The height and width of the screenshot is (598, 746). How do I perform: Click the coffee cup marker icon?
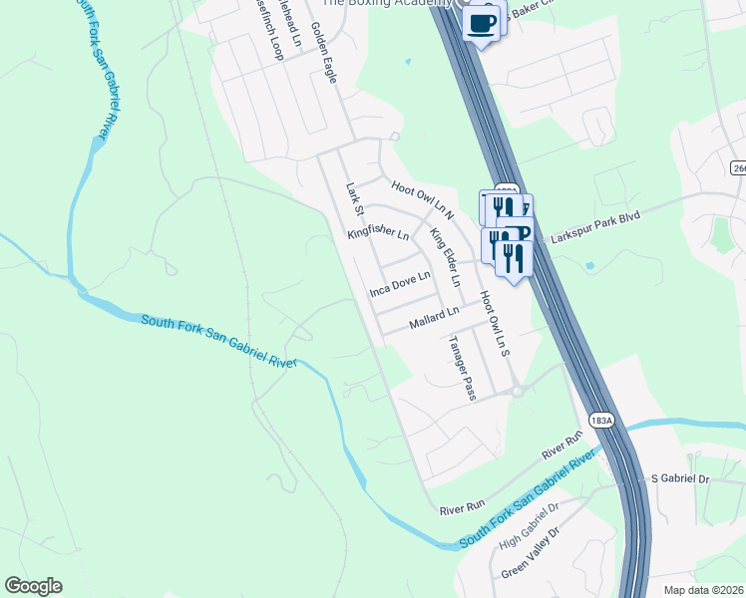tap(482, 21)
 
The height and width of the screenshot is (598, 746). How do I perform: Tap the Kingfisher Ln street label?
tap(378, 235)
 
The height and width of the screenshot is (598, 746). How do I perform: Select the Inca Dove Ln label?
tap(399, 283)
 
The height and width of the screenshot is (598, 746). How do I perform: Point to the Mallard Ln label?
tap(434, 319)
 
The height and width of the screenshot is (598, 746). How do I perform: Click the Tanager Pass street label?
tap(463, 368)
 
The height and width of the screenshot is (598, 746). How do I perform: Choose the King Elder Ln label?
tap(445, 257)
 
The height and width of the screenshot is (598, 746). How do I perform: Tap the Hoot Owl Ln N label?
tap(423, 198)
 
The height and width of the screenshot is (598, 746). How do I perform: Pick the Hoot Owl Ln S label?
tap(494, 325)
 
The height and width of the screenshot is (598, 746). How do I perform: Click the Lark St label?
tap(352, 196)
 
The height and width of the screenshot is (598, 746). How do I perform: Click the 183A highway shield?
tap(601, 422)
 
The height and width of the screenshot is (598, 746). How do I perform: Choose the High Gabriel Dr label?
tap(529, 526)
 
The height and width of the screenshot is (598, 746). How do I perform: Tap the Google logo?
tap(33, 586)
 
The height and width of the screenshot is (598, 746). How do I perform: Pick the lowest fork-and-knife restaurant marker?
tap(514, 258)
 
